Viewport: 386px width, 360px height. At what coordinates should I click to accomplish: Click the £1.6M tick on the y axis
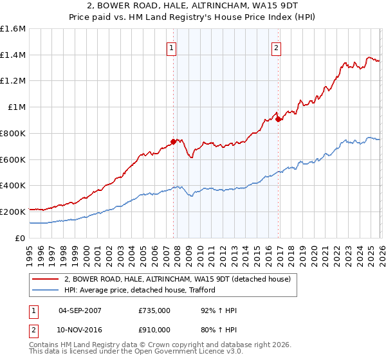click(13, 29)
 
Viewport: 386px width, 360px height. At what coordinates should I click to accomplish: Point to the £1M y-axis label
click(17, 107)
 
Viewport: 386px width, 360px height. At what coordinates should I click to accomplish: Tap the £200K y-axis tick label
click(13, 212)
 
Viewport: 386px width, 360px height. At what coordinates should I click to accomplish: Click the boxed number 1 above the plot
click(172, 47)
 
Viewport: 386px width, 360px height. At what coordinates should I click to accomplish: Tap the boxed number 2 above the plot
click(276, 47)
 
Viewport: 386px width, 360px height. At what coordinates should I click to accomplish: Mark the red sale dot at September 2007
click(173, 141)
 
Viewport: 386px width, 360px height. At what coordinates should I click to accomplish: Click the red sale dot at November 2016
click(278, 118)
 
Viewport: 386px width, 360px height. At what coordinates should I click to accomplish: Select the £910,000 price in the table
click(154, 329)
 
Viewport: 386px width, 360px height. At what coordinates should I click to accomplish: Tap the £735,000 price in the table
click(154, 310)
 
